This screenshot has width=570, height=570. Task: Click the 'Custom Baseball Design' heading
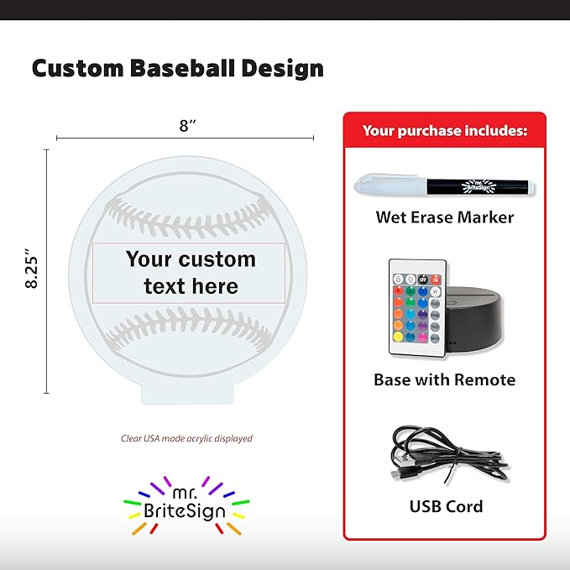tap(177, 68)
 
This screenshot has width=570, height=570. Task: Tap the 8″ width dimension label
tap(187, 126)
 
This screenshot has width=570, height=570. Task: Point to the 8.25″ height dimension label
tap(33, 269)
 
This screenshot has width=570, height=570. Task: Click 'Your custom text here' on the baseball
tap(191, 272)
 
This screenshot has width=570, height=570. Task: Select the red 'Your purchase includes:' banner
tap(444, 130)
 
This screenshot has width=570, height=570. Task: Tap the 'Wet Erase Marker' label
tap(444, 217)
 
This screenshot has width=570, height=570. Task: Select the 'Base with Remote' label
tap(444, 379)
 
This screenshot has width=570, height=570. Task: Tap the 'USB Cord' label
tap(446, 506)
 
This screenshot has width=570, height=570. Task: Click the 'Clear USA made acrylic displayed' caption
tap(186, 438)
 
